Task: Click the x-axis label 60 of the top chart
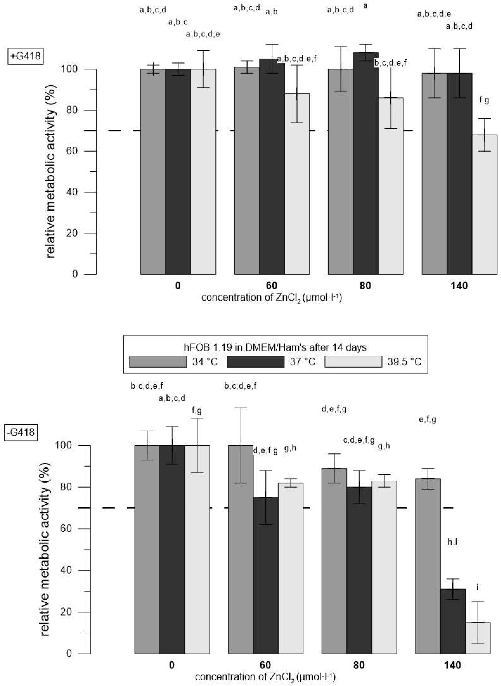click(271, 285)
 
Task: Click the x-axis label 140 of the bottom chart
click(452, 665)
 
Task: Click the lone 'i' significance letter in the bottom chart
click(478, 587)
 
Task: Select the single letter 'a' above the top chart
click(365, 6)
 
